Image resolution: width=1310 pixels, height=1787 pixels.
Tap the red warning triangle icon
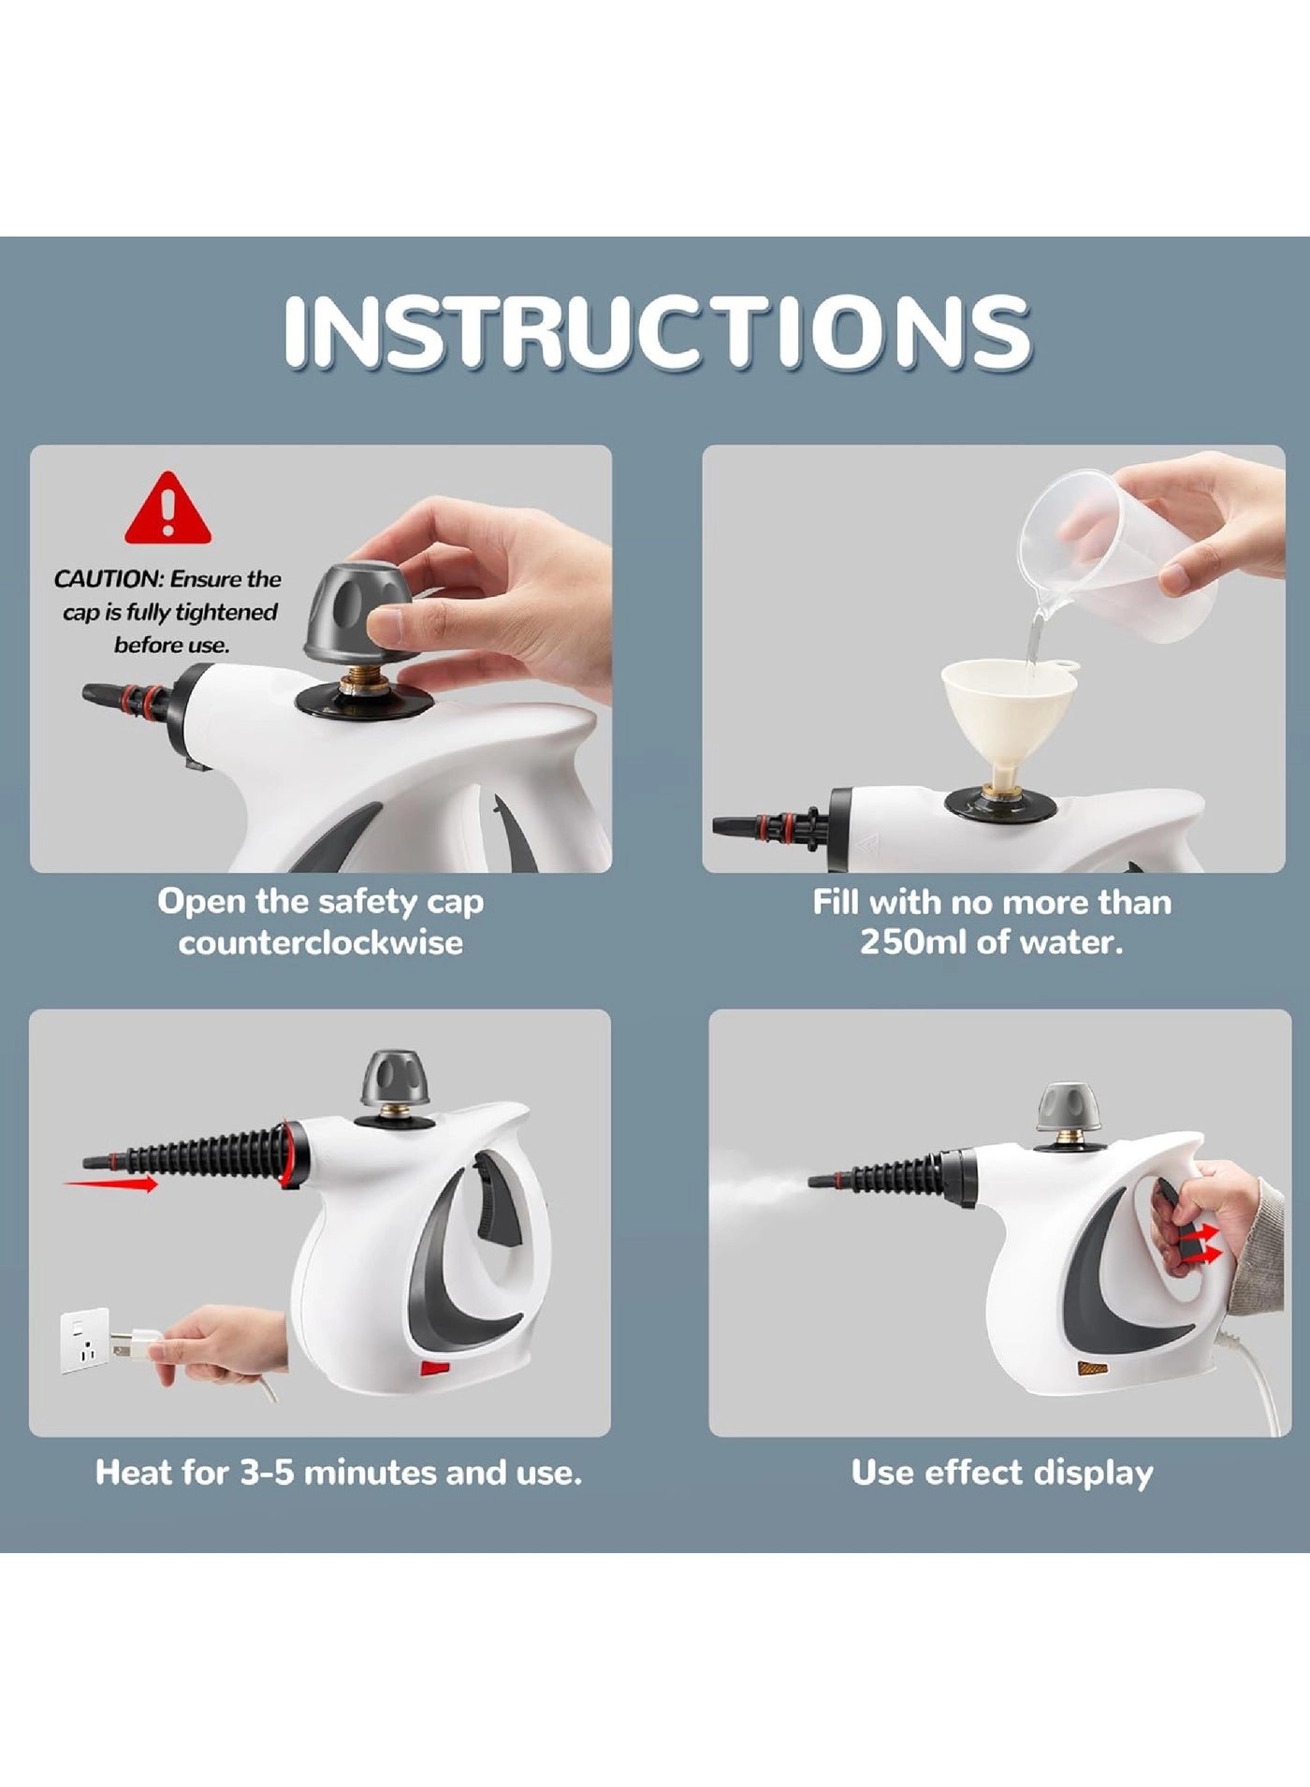pos(168,510)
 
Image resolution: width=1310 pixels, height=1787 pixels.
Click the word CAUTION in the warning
pos(108,579)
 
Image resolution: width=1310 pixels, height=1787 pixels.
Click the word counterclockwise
pos(320,941)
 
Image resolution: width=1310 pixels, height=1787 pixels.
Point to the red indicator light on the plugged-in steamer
pos(434,1369)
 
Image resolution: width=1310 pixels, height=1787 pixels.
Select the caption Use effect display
pos(1001,1473)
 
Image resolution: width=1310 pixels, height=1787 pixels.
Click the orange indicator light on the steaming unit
pos(1092,1369)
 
